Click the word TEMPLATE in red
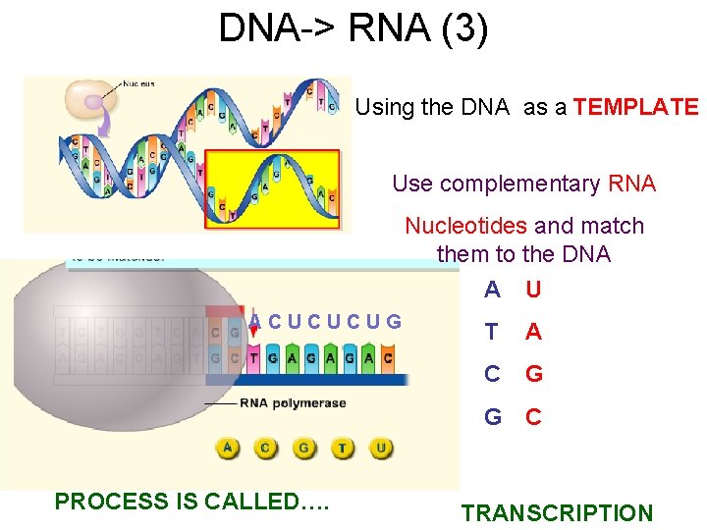(x=635, y=107)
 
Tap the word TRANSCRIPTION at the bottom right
(x=557, y=512)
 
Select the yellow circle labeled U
(x=380, y=450)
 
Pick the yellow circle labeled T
(x=342, y=450)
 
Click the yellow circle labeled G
(x=304, y=450)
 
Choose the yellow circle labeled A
(x=228, y=450)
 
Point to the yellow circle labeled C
(x=266, y=450)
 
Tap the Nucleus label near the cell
(x=139, y=84)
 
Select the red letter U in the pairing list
(x=533, y=290)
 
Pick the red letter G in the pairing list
(x=533, y=374)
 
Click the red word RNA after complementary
(x=631, y=184)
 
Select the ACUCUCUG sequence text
(x=325, y=320)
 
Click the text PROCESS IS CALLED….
(x=192, y=502)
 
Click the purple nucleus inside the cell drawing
(x=94, y=100)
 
